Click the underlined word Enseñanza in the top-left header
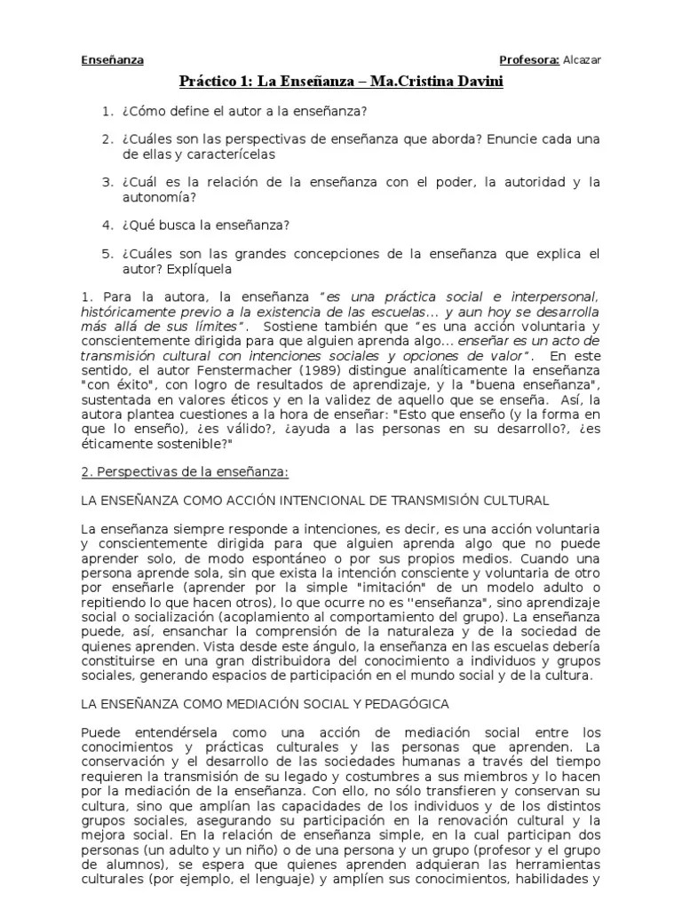point(112,60)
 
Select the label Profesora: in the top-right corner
point(529,60)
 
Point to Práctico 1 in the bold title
point(213,82)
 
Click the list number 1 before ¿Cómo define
point(107,111)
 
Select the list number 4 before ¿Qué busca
point(107,225)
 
